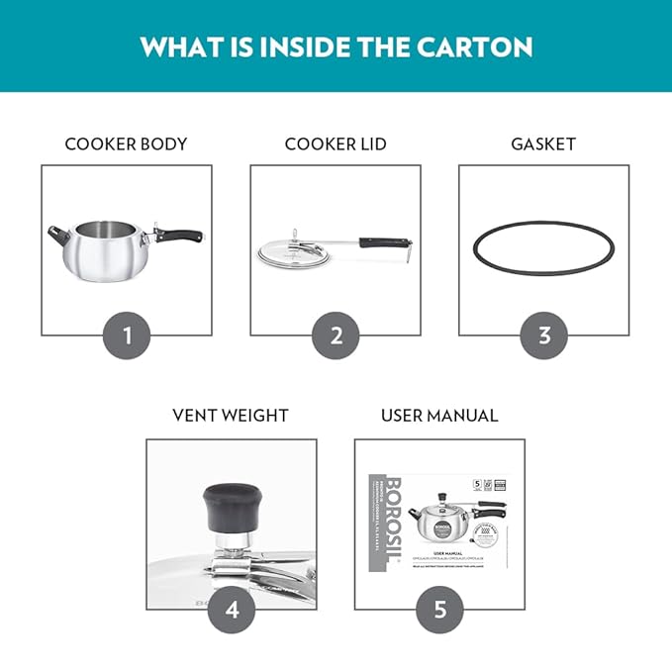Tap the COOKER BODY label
tap(126, 144)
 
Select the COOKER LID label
tap(336, 144)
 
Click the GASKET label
tap(543, 144)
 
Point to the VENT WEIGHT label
tap(232, 416)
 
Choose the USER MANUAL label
tap(439, 416)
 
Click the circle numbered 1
tap(127, 336)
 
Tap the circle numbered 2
tap(336, 336)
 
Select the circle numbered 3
tap(544, 336)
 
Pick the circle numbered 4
tap(232, 609)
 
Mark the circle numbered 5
tap(439, 609)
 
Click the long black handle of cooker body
tap(180, 237)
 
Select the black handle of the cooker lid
tap(383, 241)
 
